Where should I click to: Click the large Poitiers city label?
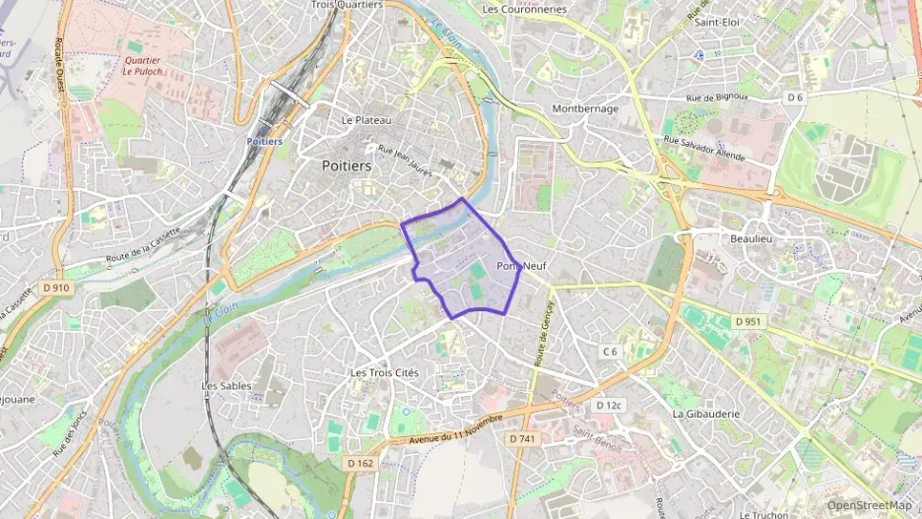click(x=347, y=166)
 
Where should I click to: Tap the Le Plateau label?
click(x=366, y=120)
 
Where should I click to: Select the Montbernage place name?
click(x=585, y=108)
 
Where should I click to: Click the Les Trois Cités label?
click(x=384, y=373)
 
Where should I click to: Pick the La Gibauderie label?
click(x=705, y=414)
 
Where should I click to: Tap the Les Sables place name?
click(x=227, y=386)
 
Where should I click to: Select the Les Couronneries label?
click(x=524, y=9)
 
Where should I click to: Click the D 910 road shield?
click(x=56, y=288)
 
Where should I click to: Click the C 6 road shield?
click(x=610, y=352)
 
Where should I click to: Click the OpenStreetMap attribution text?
click(x=869, y=505)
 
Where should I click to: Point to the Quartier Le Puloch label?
click(x=142, y=66)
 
